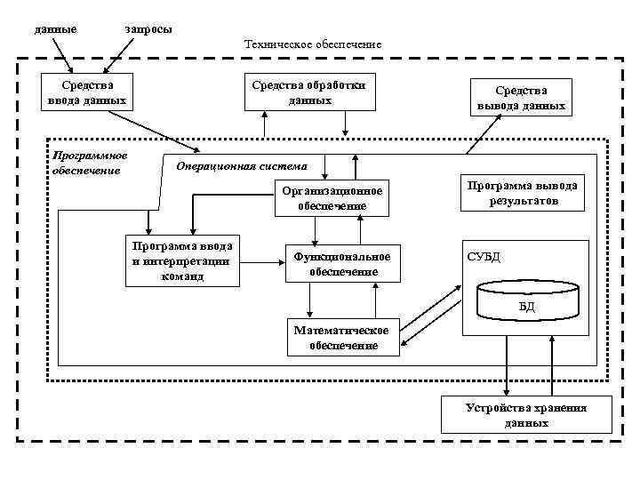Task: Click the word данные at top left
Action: (x=55, y=29)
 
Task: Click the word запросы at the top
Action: (x=148, y=29)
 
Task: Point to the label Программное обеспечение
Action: (x=91, y=163)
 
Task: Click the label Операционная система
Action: (x=242, y=165)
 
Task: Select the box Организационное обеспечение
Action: (x=332, y=198)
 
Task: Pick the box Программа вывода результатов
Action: (x=523, y=193)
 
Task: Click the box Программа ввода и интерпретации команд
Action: (x=182, y=261)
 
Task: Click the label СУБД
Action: (x=484, y=257)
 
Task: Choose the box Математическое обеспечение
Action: (x=342, y=338)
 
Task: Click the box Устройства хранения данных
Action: (x=526, y=415)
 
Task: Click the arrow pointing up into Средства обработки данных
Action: (x=265, y=124)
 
